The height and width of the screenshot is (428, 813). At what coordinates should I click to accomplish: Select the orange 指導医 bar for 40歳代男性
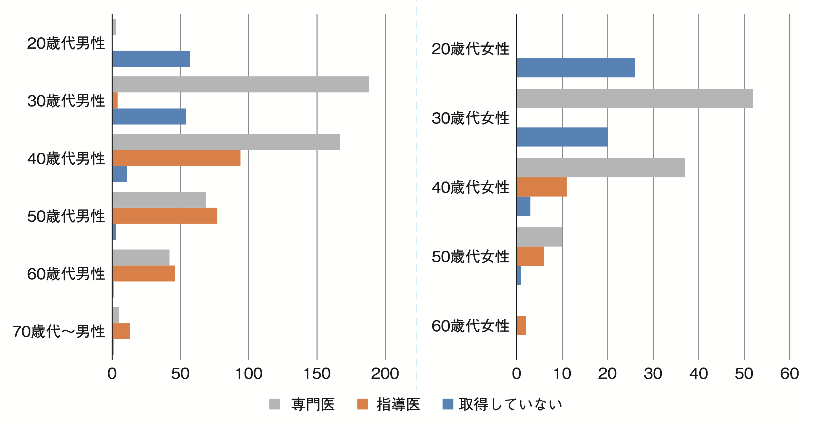[176, 158]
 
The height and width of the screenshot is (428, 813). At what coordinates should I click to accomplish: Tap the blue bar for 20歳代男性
[151, 59]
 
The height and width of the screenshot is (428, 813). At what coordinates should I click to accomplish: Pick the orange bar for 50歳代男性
[165, 216]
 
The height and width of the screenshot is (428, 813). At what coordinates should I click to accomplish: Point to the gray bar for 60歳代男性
[141, 257]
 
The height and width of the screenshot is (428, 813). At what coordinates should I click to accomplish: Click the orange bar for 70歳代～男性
[121, 331]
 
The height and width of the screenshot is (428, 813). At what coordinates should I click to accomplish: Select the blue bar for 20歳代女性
[576, 68]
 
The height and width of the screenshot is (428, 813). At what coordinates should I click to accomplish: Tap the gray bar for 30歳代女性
[635, 98]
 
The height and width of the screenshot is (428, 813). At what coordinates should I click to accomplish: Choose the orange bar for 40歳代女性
[542, 187]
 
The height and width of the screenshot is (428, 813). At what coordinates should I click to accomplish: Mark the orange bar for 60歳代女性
[521, 325]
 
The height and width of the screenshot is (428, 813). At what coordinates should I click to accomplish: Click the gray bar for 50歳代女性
[539, 237]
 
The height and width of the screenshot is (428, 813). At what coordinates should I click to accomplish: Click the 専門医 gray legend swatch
[274, 404]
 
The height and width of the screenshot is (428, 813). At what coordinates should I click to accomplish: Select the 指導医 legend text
[398, 404]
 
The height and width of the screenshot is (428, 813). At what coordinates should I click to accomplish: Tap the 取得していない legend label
[510, 404]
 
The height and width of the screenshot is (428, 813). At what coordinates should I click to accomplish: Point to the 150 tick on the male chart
[317, 374]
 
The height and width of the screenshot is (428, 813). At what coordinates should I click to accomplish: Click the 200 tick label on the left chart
[385, 374]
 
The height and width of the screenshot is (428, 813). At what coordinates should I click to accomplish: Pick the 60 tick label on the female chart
[789, 374]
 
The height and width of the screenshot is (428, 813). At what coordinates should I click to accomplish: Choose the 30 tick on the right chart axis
[653, 374]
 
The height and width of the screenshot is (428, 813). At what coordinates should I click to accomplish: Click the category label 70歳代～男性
[59, 331]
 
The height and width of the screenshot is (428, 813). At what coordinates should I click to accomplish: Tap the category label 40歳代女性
[470, 187]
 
